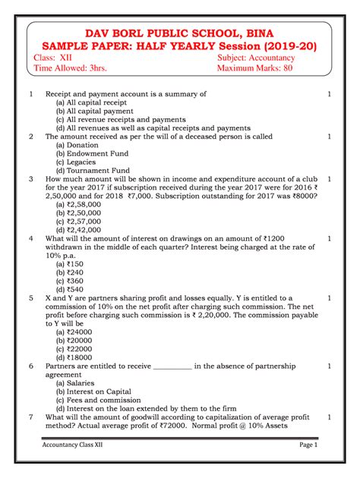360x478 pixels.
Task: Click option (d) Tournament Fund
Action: coord(93,171)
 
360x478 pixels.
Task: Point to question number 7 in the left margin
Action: coord(30,417)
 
